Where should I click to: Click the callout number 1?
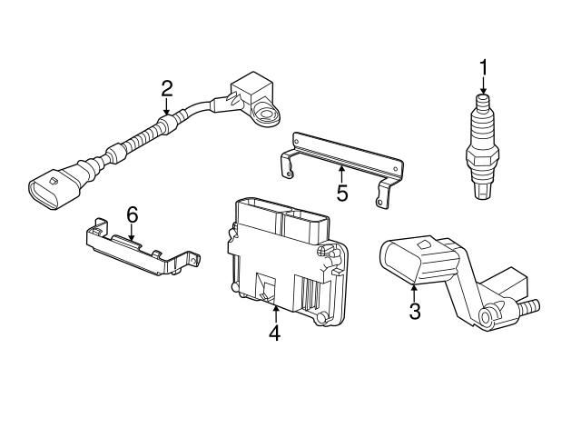(484, 66)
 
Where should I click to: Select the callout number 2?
(166, 87)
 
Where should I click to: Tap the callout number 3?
(415, 313)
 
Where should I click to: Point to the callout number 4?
(275, 333)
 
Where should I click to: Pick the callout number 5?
(341, 193)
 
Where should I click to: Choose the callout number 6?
(132, 214)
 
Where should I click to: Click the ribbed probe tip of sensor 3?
(528, 306)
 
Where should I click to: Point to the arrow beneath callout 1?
(484, 85)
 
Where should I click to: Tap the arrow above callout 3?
(414, 292)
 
